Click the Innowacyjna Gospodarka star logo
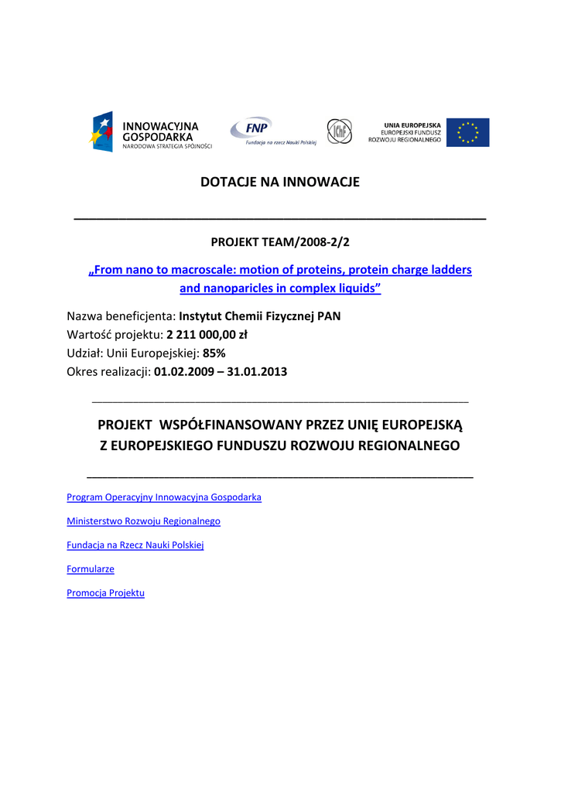[x=102, y=131]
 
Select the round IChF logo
[x=339, y=131]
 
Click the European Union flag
[x=468, y=132]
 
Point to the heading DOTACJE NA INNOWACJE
[x=280, y=183]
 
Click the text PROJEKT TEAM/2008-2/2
[x=280, y=242]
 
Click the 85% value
[x=214, y=353]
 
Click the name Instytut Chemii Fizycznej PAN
[x=259, y=316]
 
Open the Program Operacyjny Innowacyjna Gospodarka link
[x=164, y=497]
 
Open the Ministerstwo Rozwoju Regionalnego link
[x=143, y=521]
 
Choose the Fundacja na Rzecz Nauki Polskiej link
[x=135, y=545]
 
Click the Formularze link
[x=91, y=569]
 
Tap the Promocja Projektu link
[x=105, y=593]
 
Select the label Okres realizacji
[x=108, y=372]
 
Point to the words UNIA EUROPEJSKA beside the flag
[x=412, y=125]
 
